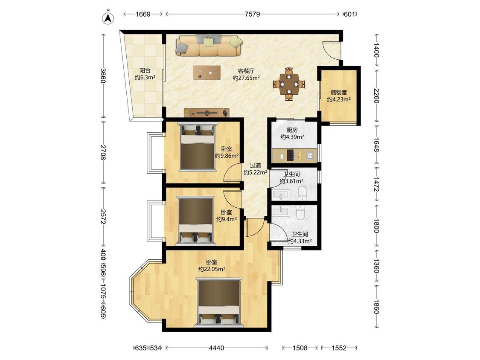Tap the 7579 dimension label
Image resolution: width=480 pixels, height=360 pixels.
252,14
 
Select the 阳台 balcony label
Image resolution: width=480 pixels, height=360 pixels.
145,70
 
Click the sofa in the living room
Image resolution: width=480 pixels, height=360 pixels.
209,45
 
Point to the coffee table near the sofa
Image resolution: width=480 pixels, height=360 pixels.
207,73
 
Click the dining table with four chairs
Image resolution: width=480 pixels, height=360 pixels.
289,84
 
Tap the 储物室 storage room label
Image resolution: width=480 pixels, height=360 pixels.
339,92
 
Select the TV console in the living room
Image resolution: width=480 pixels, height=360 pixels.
207,113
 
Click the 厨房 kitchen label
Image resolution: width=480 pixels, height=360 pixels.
292,130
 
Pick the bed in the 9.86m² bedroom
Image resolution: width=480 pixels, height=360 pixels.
198,146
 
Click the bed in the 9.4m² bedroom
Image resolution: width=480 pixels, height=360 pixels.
195,221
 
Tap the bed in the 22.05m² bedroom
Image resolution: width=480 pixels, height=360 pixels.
219,302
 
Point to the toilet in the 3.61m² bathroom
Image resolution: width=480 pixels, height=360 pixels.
302,193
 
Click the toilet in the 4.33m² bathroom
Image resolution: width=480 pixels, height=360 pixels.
300,212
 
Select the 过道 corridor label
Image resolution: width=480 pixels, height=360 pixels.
255,165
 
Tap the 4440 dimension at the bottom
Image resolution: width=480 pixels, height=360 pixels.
216,348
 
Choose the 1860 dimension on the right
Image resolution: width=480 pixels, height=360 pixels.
376,306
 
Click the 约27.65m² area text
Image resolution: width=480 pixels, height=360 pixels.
247,78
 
